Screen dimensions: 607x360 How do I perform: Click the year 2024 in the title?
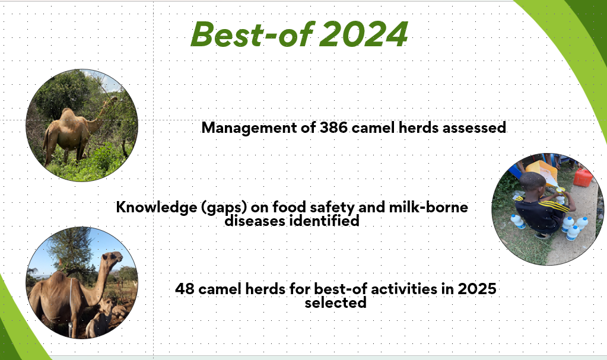[364, 34]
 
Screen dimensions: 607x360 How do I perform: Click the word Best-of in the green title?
[252, 34]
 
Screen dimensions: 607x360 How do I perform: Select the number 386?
[333, 128]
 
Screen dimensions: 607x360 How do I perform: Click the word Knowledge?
[156, 208]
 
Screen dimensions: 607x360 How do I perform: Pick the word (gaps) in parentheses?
[224, 208]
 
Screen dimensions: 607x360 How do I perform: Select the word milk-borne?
[428, 207]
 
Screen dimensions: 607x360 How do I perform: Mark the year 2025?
[477, 289]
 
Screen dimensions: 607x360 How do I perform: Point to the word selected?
[335, 302]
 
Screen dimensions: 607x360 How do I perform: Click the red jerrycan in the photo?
[583, 177]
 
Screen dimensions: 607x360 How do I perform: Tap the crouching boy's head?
[532, 182]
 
